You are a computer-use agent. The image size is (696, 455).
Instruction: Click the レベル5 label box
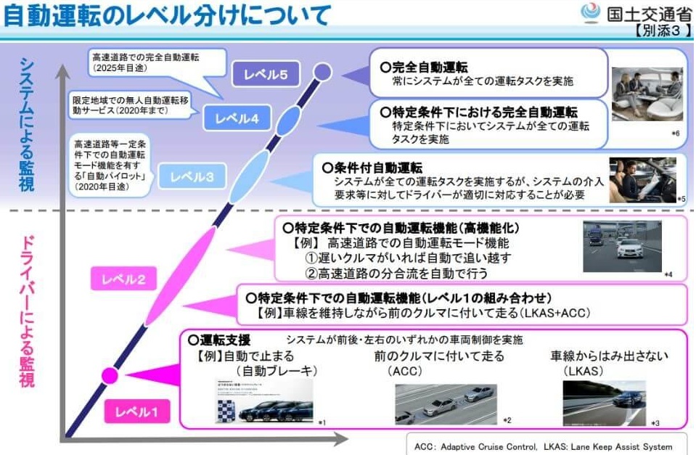click(266, 73)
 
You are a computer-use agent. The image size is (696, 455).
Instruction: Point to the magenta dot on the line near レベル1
click(110, 375)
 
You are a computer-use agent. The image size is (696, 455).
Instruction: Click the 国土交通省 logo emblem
click(591, 14)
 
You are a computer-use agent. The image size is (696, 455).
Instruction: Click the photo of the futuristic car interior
click(647, 94)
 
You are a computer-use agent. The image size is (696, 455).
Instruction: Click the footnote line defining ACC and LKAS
click(544, 446)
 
